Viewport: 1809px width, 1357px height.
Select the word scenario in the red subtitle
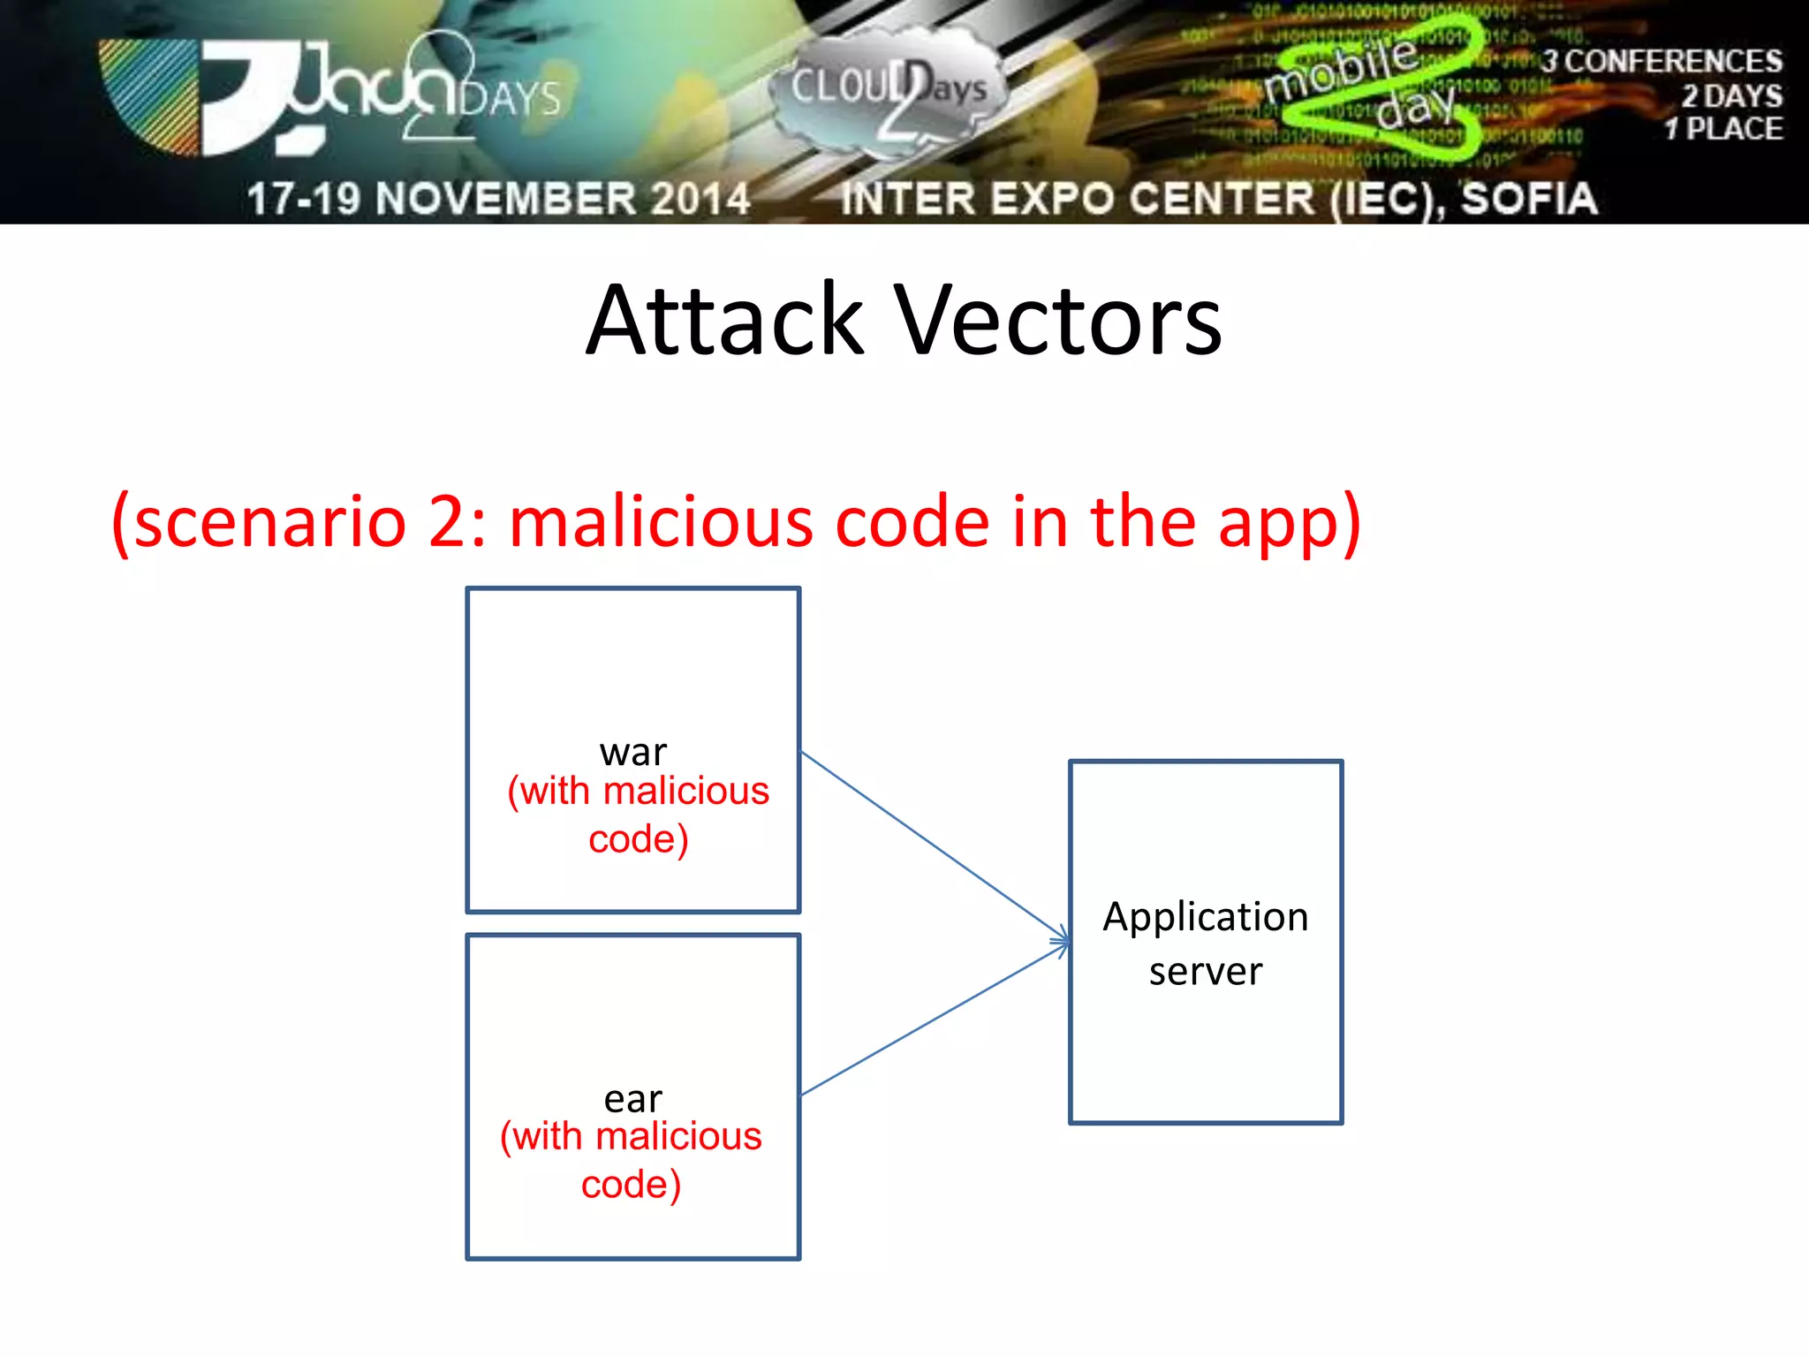(270, 523)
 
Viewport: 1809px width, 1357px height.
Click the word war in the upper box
(633, 753)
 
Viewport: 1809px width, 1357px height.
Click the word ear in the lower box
(633, 1100)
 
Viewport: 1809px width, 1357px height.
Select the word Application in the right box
(1206, 918)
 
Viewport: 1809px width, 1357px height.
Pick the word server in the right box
(1206, 972)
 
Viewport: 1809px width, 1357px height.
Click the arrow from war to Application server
(927, 842)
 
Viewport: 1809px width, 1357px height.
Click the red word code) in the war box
(638, 839)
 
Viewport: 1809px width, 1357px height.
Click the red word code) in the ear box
(631, 1185)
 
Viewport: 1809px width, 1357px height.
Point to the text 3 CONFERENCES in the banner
(1661, 62)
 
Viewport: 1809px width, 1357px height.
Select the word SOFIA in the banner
(1529, 199)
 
